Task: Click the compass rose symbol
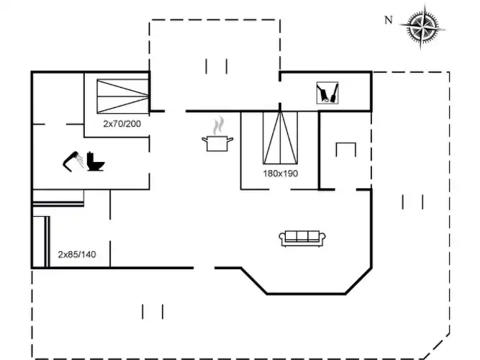pos(422,27)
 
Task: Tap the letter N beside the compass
pos(388,20)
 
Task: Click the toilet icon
pos(95,161)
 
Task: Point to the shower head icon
pos(73,161)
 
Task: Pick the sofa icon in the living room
pos(302,238)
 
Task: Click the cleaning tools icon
pos(327,93)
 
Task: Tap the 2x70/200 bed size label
pos(122,124)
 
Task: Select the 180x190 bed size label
pos(281,174)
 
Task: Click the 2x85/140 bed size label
pos(77,254)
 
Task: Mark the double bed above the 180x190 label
pos(280,138)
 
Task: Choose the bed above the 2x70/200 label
pos(123,96)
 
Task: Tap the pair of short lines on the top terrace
pos(216,66)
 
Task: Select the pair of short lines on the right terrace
pos(412,202)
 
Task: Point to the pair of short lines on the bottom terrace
pos(153,312)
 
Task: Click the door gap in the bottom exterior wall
pos(204,268)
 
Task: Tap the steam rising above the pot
pos(218,125)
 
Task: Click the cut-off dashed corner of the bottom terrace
pos(437,347)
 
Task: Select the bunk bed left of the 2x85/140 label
pos(41,242)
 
